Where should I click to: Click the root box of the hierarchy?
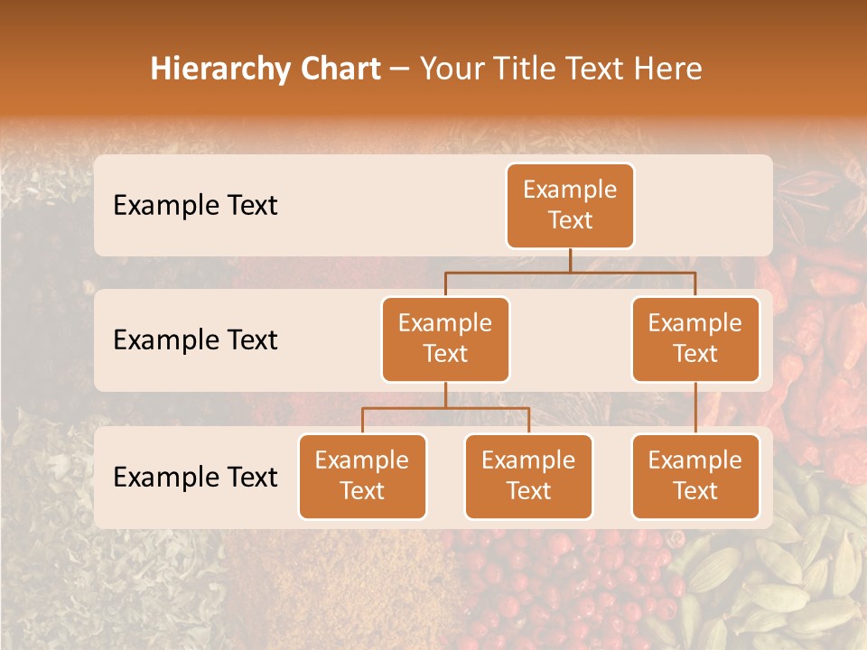tap(570, 205)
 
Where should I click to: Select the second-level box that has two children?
tap(445, 339)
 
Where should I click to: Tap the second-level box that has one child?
tap(695, 339)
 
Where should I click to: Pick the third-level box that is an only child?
tap(695, 476)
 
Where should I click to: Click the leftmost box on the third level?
tap(362, 476)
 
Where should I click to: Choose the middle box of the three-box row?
tap(528, 476)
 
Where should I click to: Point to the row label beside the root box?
tap(195, 206)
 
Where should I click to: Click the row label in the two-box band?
tap(195, 340)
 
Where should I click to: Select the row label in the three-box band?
tap(195, 477)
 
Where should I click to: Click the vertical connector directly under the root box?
tap(570, 260)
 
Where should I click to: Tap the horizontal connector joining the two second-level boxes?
tap(570, 272)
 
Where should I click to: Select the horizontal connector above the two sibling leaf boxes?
tap(445, 409)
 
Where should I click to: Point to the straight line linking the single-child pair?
tap(695, 408)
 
